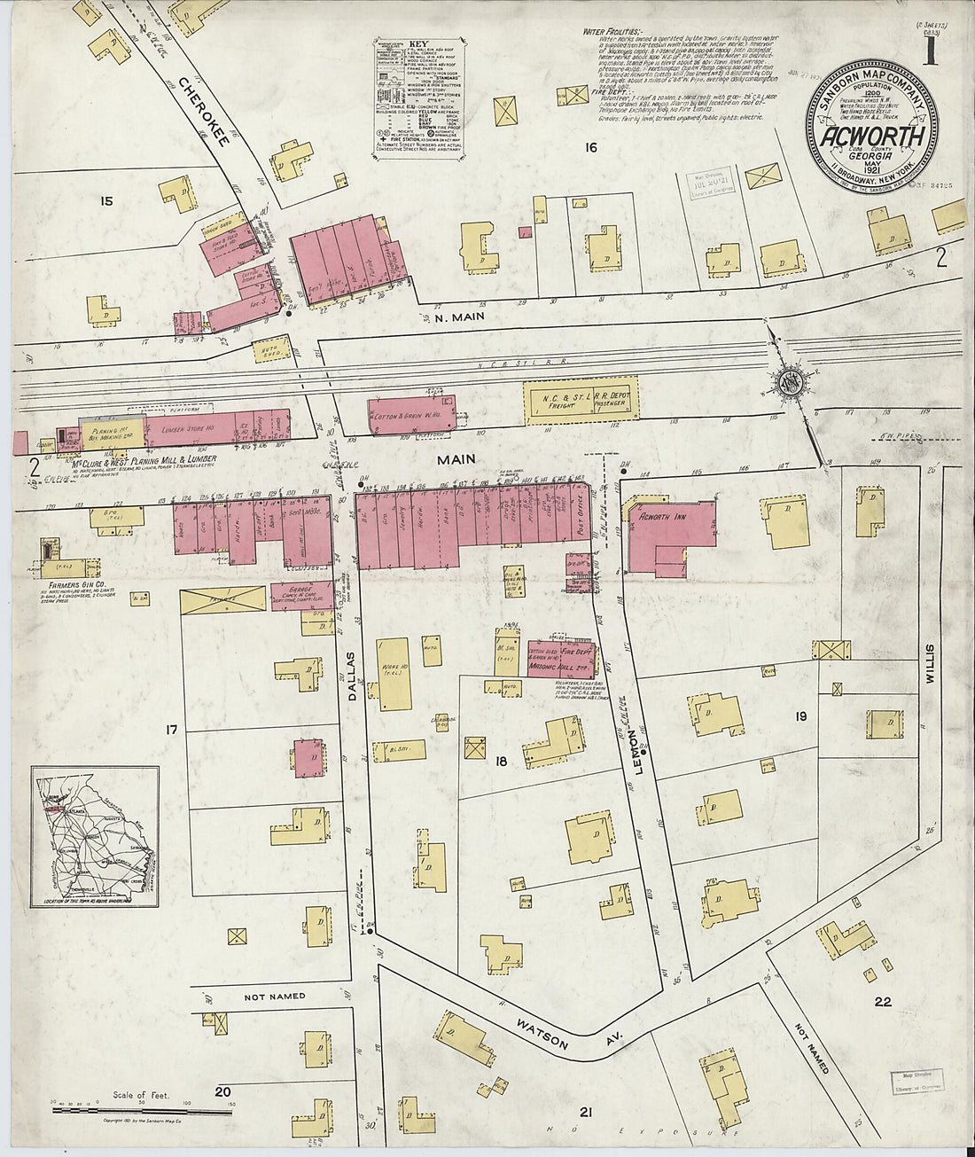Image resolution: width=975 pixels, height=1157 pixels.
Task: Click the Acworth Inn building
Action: click(x=670, y=532)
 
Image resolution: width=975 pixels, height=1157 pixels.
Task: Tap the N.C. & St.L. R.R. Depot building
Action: click(x=581, y=400)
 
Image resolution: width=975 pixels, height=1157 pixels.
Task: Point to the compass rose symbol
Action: click(x=789, y=383)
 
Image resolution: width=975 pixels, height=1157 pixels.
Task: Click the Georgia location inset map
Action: click(x=96, y=836)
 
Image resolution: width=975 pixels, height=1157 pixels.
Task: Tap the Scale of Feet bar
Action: click(x=142, y=1106)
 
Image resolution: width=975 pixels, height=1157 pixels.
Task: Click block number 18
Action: click(x=502, y=761)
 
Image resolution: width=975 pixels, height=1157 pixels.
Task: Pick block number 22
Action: click(x=882, y=1003)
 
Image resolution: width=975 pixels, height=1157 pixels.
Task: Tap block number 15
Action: click(x=106, y=201)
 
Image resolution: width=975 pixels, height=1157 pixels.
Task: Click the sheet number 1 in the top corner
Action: click(x=930, y=51)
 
